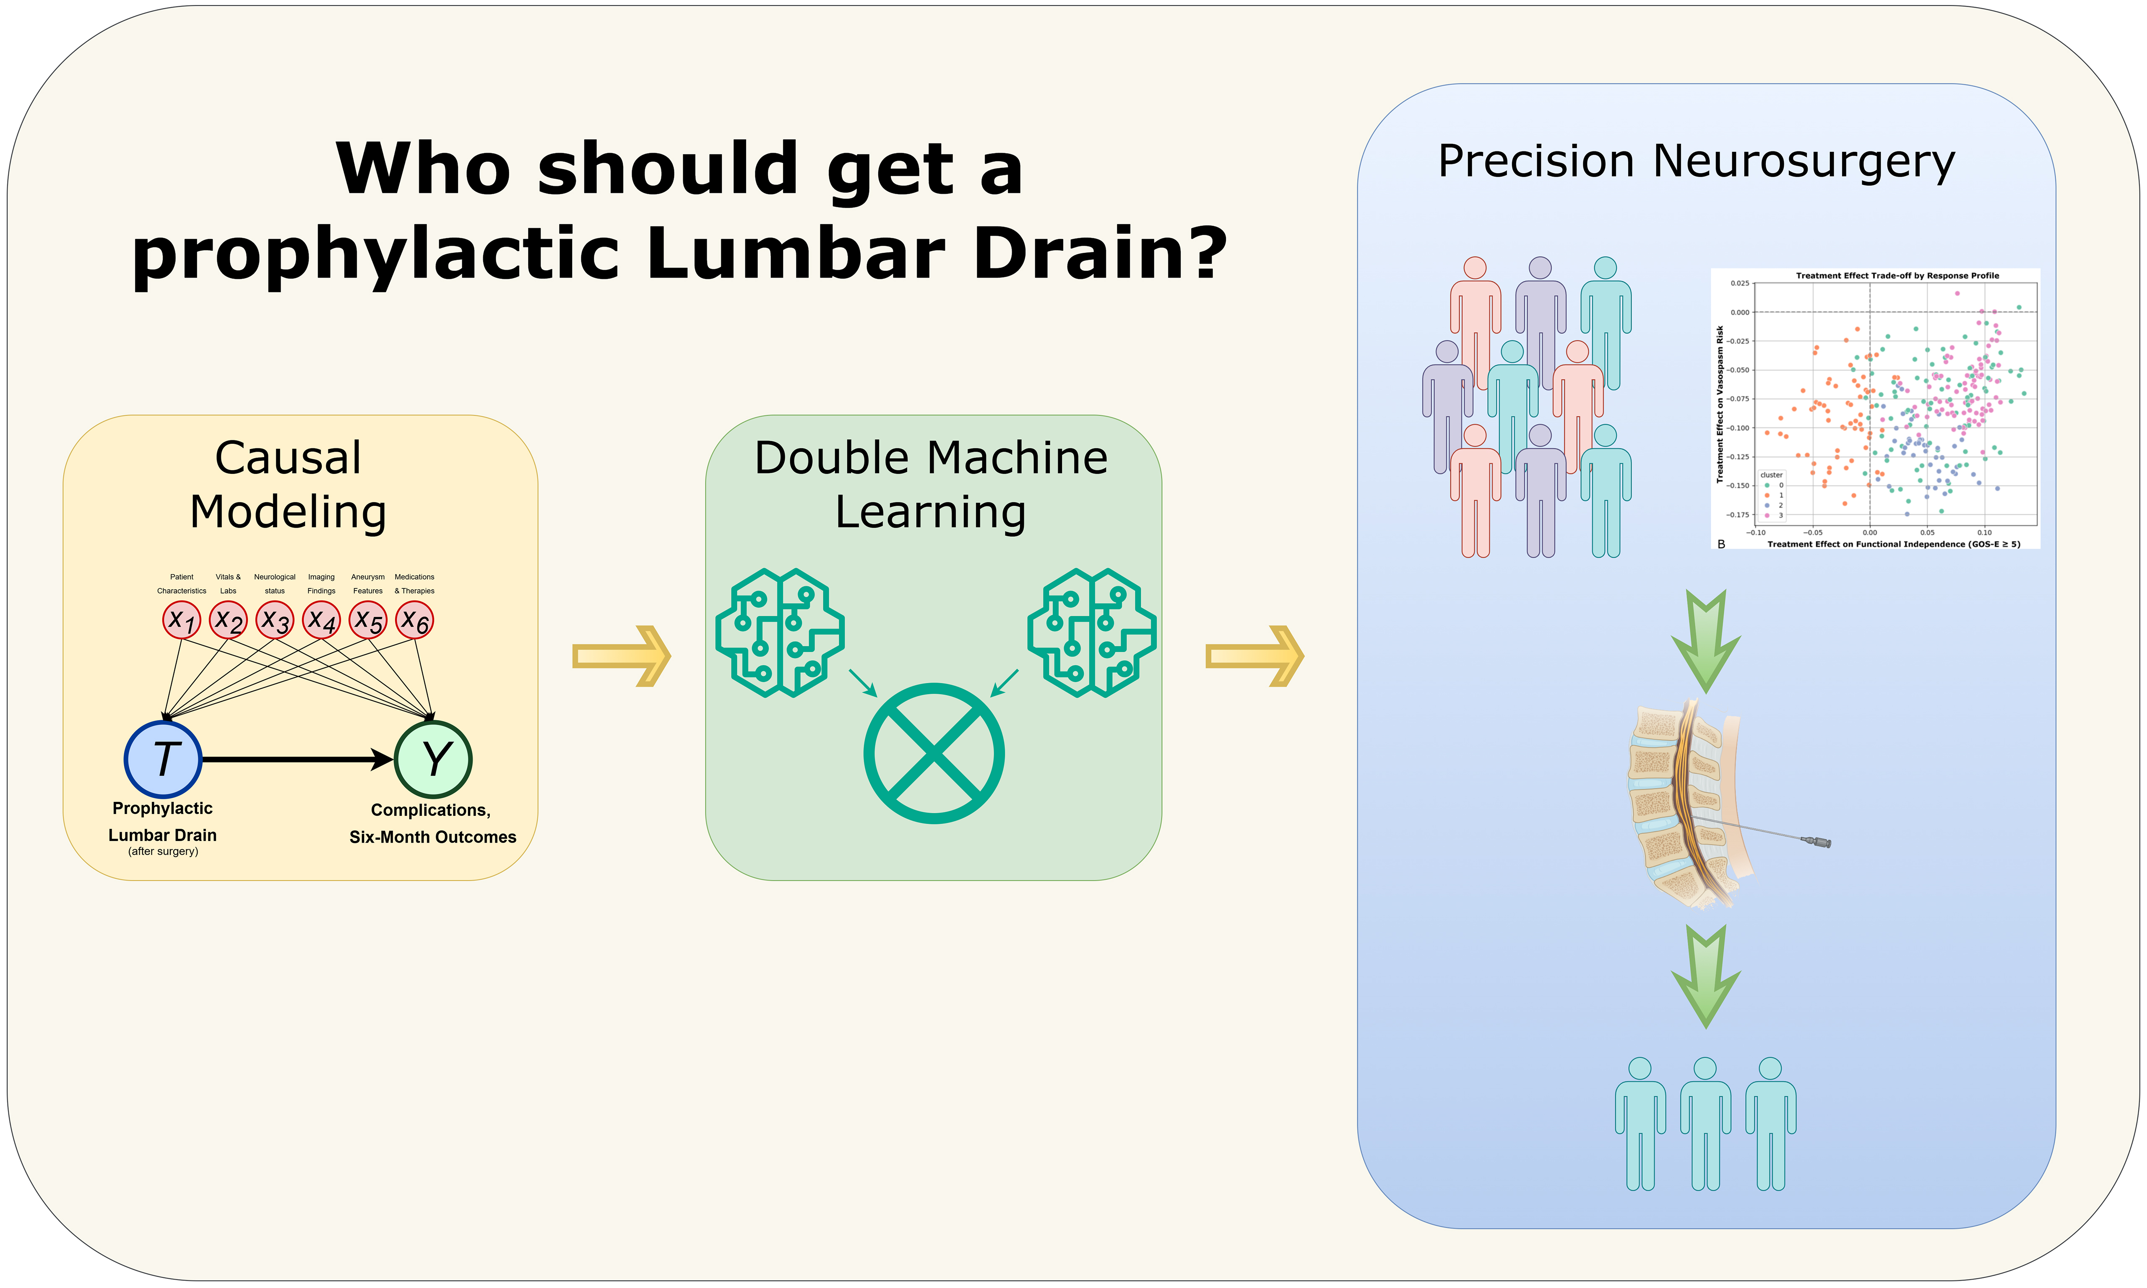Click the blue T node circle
coord(163,760)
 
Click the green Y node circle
coord(433,760)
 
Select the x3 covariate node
coord(275,621)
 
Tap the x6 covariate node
coord(415,621)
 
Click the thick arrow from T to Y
coord(295,760)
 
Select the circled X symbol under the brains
coord(934,753)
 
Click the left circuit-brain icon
coord(779,633)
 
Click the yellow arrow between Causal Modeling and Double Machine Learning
coord(621,656)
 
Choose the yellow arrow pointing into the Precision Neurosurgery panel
coord(1255,656)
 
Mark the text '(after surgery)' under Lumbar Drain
coord(163,851)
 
